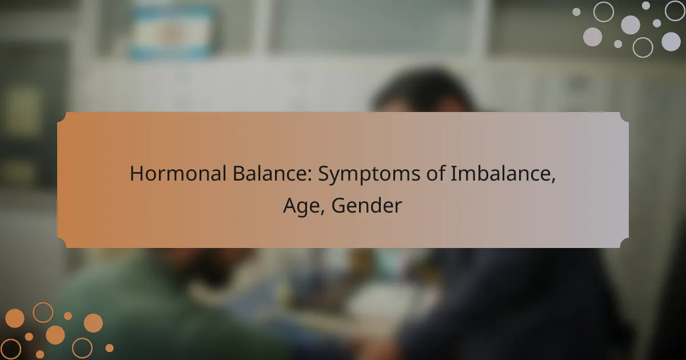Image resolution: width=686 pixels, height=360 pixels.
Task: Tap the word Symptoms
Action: (369, 174)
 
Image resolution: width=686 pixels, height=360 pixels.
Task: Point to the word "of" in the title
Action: (436, 173)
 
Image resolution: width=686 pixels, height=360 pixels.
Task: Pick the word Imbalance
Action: (500, 173)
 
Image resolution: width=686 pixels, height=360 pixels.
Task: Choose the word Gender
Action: (366, 205)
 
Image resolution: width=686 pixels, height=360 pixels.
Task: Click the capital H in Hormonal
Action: (137, 174)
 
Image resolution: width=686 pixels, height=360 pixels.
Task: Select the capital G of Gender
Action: (338, 205)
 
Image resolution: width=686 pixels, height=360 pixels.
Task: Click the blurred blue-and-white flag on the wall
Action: (172, 32)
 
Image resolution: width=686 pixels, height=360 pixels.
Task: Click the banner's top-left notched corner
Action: (62, 117)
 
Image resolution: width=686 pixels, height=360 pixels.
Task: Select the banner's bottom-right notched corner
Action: (624, 243)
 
